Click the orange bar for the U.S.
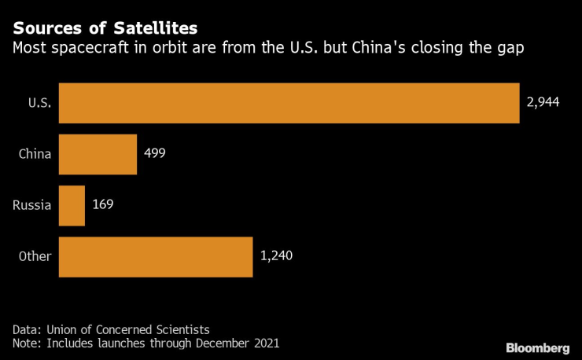(289, 103)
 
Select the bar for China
(98, 154)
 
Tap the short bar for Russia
(72, 206)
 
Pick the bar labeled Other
(156, 257)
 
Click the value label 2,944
(543, 103)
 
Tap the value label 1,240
(276, 257)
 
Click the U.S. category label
(39, 103)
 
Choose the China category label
(35, 154)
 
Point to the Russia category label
(32, 206)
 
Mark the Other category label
(35, 257)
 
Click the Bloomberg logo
(537, 347)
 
